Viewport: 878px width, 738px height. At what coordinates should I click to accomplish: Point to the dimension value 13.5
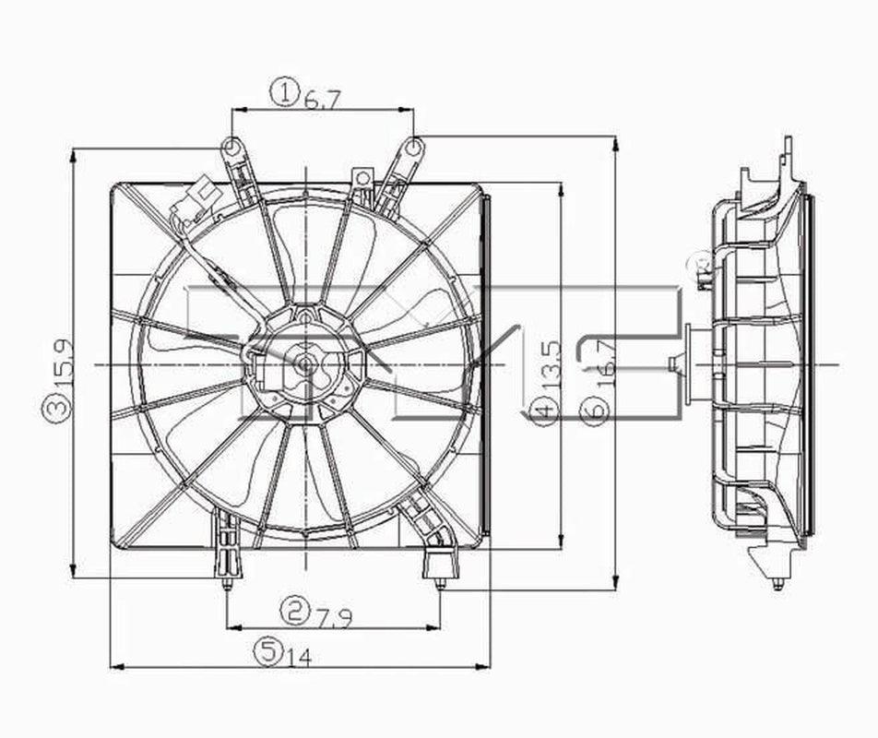551,365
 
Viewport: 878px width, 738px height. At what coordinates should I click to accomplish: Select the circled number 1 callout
286,92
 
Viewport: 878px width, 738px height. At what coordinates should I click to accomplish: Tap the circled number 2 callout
294,609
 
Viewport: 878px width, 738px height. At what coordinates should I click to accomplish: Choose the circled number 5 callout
268,652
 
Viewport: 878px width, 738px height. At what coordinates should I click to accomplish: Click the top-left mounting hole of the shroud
232,146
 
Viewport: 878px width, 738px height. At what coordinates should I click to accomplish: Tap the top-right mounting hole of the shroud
414,146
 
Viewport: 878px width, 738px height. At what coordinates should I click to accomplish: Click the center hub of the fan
302,363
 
